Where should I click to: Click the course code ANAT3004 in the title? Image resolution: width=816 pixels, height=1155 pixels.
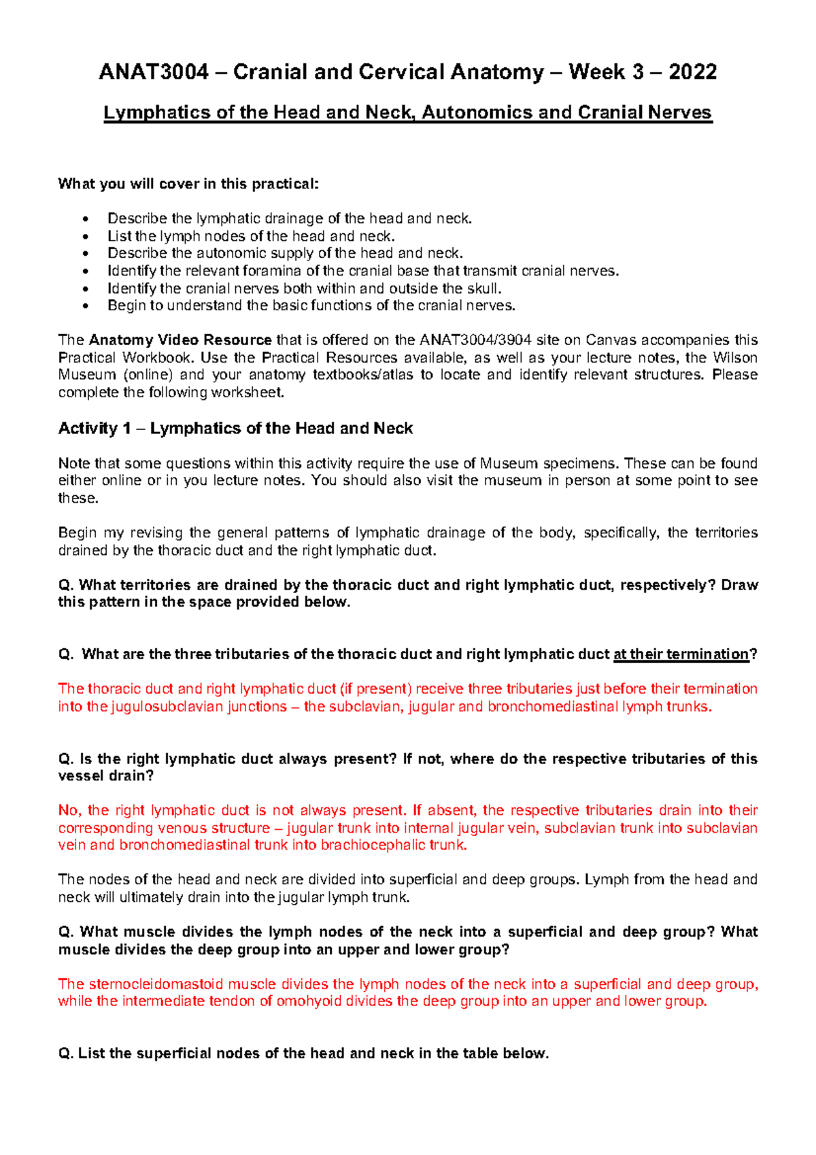pos(154,72)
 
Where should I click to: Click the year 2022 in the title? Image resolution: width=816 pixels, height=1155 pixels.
pos(692,72)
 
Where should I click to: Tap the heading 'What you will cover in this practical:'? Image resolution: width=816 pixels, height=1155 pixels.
pos(188,184)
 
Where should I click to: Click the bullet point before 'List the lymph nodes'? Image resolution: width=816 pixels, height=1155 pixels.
pos(84,237)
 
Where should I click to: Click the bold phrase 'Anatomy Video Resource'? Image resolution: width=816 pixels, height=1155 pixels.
pos(180,340)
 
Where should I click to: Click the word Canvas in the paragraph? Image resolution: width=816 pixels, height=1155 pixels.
pos(610,340)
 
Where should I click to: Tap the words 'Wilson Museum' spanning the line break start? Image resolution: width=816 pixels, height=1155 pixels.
pos(734,358)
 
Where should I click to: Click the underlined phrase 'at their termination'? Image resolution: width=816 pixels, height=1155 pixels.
pos(681,654)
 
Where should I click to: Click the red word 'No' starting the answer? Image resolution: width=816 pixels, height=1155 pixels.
pos(68,810)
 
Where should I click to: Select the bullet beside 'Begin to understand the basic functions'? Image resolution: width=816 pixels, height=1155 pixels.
pos(84,306)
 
